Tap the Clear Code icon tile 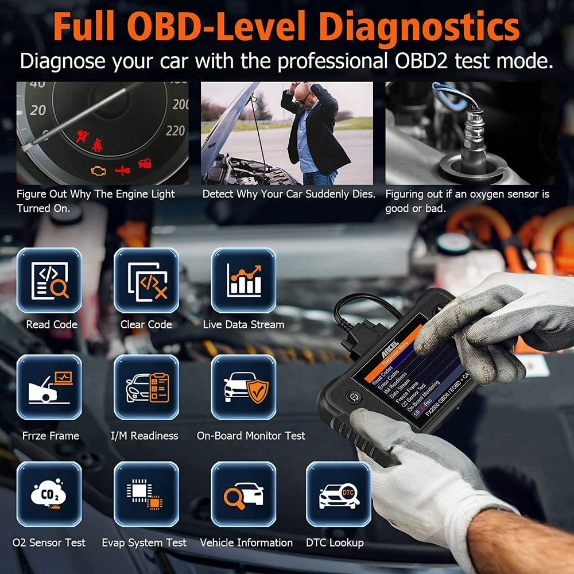146,280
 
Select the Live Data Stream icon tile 243,280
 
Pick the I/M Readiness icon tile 146,387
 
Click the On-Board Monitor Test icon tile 243,387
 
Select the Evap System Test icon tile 146,494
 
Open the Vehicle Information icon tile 243,494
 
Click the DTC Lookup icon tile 338,494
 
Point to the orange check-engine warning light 99,170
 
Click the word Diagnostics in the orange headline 419,27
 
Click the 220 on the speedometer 175,131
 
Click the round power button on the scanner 352,397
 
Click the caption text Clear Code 146,324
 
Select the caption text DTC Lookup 335,542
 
